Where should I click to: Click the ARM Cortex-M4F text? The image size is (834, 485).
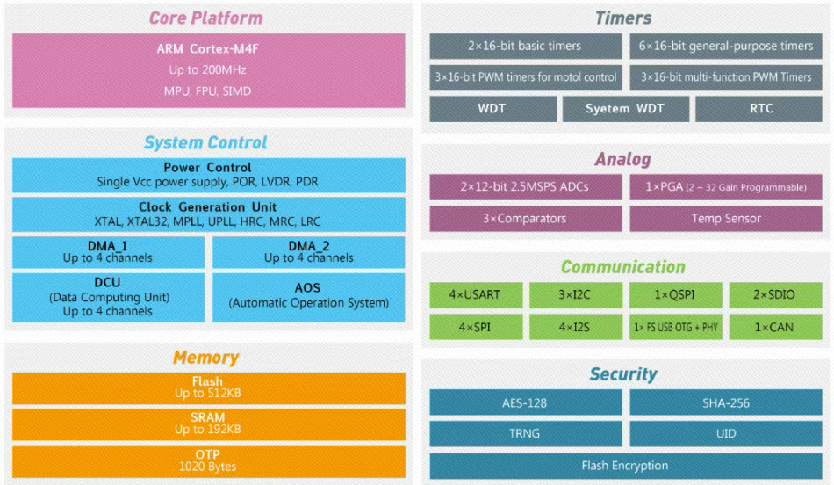coord(207,49)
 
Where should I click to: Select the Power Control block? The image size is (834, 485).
coord(209,175)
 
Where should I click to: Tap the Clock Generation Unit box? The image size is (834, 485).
coord(209,214)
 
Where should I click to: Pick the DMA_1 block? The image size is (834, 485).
coord(109,252)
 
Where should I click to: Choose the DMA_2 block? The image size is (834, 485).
coord(308,252)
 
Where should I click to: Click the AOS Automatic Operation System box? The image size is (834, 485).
coord(308,298)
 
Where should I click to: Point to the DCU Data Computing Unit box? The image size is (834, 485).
coord(109,298)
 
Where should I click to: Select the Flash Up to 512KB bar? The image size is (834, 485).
coord(209,388)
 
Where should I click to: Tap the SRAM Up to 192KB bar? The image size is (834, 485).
coord(209,424)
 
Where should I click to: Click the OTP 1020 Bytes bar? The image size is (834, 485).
coord(209,461)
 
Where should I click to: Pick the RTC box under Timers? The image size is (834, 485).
coord(759,109)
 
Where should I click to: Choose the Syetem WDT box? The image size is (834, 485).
coord(626,109)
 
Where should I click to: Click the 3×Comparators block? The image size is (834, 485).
coord(526,219)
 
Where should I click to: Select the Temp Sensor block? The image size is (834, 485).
coord(726,219)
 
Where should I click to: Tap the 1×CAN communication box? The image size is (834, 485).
coord(775,327)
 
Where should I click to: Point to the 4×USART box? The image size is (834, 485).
coord(476,295)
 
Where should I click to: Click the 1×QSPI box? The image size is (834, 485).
coord(675,295)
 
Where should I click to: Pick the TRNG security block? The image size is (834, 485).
coord(526,434)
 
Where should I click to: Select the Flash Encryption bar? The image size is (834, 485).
coord(626,466)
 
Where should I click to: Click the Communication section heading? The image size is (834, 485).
coord(623,267)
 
